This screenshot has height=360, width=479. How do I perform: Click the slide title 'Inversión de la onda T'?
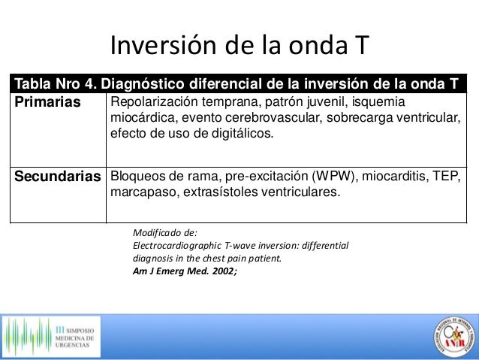(x=239, y=47)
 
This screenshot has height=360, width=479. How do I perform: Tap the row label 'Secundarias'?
(x=58, y=177)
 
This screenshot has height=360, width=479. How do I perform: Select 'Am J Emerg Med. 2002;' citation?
(x=184, y=271)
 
